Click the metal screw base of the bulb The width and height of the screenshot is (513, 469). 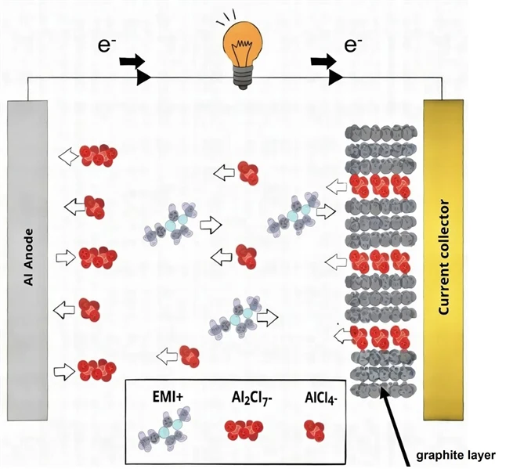coord(243,78)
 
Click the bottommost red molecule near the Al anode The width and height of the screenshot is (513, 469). coord(96,368)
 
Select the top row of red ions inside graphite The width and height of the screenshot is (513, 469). coord(380,186)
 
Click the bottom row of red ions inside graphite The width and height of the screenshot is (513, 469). coord(380,337)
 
